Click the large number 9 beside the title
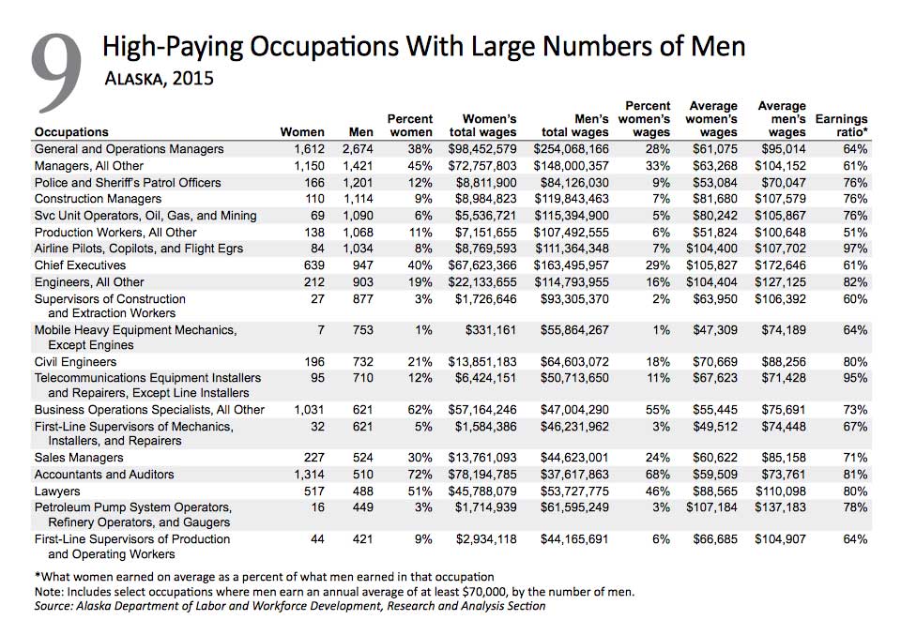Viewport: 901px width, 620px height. click(x=56, y=73)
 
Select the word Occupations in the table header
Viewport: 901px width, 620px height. click(x=71, y=132)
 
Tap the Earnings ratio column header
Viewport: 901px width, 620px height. click(x=841, y=126)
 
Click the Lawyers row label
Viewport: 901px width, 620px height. click(x=57, y=491)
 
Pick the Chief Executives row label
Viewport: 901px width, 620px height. click(x=80, y=265)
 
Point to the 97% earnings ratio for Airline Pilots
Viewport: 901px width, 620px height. click(x=855, y=249)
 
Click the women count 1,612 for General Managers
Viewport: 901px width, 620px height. click(x=309, y=149)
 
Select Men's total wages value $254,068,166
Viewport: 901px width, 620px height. click(x=571, y=149)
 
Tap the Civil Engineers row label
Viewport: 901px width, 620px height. click(x=75, y=362)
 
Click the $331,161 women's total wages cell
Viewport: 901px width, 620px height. click(x=491, y=330)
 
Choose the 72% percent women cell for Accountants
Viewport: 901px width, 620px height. click(x=420, y=475)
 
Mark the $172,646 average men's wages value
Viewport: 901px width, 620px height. click(x=780, y=265)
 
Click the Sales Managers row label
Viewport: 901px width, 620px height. click(x=79, y=458)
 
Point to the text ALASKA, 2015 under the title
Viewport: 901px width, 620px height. click(x=160, y=78)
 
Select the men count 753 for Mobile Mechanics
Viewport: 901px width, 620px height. click(x=362, y=330)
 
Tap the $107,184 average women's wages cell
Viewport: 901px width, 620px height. click(x=712, y=507)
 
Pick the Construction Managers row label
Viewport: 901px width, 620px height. click(x=98, y=199)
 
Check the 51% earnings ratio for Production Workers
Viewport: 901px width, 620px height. click(x=855, y=233)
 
